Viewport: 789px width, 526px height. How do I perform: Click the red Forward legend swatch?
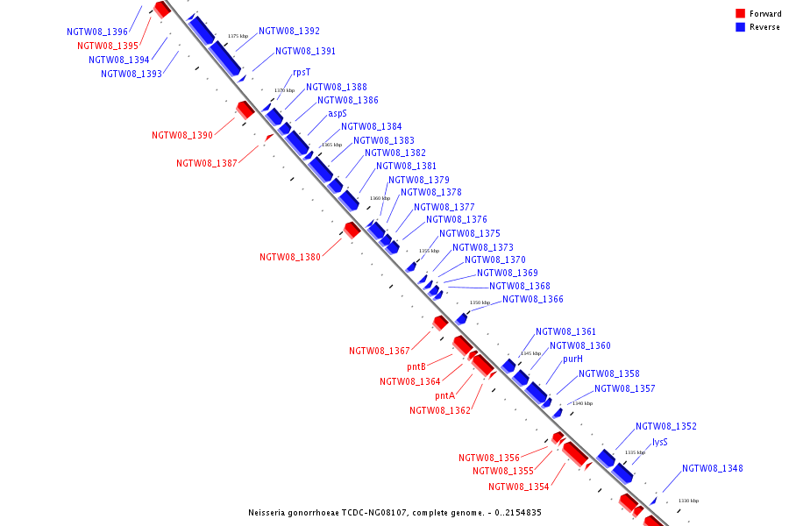741,14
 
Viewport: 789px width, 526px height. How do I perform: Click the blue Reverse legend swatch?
741,27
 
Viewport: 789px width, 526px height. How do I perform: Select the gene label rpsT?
302,73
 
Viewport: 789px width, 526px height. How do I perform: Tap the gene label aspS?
338,113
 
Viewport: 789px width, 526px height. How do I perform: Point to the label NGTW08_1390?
182,136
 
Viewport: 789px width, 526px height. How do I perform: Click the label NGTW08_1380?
290,258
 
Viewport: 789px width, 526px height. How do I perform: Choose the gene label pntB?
416,366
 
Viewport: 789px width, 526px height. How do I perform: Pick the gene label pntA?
445,396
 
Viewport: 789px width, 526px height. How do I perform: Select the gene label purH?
572,359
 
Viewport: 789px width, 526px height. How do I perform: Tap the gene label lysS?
659,443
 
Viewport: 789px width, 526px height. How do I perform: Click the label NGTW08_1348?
712,469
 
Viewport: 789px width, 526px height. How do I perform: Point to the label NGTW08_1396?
97,32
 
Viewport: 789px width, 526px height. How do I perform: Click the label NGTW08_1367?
380,352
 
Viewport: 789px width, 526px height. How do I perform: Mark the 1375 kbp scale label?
238,36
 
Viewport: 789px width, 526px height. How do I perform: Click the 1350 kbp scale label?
480,302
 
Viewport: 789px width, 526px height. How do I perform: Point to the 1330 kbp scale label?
688,501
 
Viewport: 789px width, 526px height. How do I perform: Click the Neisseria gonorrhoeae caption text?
395,512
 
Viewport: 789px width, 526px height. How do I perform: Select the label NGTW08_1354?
519,487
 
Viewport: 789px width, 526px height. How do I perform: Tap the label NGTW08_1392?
289,32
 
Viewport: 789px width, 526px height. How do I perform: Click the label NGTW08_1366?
532,300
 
